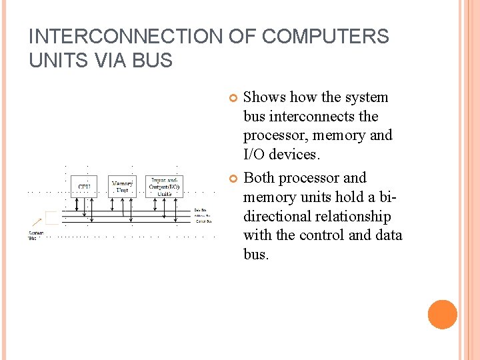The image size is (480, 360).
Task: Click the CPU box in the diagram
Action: pos(84,186)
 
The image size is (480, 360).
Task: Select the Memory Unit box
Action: pos(122,186)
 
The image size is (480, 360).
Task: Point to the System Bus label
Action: pos(35,235)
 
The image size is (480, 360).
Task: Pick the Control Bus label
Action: pos(202,221)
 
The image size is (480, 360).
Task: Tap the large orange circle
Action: pos(443,315)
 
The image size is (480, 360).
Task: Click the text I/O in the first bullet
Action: pos(255,155)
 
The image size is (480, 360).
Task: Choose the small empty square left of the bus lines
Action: pos(51,217)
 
